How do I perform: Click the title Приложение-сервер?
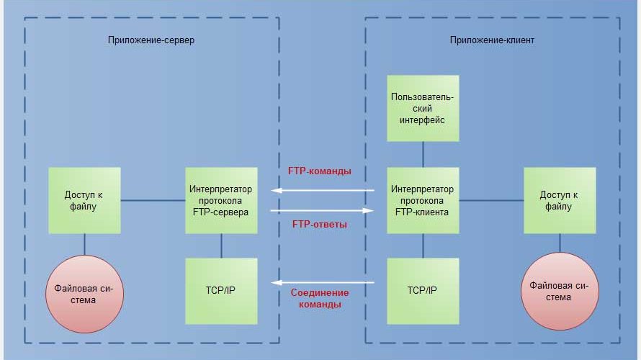[151, 40]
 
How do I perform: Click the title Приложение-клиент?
[492, 40]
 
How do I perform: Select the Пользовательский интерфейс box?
[423, 108]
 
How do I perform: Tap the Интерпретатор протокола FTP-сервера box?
[221, 200]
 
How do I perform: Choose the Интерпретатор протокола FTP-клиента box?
[423, 200]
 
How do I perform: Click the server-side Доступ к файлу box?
[84, 200]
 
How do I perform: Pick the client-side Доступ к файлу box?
[560, 200]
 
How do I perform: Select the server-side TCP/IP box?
[221, 291]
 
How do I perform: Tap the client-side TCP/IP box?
[423, 291]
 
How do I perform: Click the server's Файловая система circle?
[84, 294]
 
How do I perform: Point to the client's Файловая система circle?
[560, 291]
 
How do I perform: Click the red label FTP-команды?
[320, 171]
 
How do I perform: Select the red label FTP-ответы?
[320, 225]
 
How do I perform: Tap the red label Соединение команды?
[320, 298]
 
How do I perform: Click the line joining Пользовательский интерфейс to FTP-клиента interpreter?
[423, 153]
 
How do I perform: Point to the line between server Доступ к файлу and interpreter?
[153, 200]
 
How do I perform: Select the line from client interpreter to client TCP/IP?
[423, 246]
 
